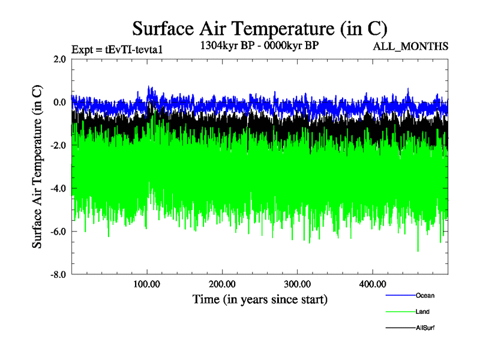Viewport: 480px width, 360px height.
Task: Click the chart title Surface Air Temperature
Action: pyautogui.click(x=259, y=28)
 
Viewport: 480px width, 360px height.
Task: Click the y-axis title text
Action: pyautogui.click(x=37, y=167)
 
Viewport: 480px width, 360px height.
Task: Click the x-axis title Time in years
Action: pyautogui.click(x=260, y=298)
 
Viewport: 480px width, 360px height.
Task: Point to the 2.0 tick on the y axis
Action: pyautogui.click(x=59, y=59)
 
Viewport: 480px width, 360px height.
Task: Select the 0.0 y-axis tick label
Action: pyautogui.click(x=59, y=102)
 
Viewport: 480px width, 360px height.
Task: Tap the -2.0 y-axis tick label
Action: pyautogui.click(x=58, y=145)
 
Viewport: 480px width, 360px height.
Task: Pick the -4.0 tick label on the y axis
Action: pyautogui.click(x=58, y=188)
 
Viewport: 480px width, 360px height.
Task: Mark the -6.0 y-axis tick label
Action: pyautogui.click(x=58, y=232)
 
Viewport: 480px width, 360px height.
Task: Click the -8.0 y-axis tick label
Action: pyautogui.click(x=58, y=274)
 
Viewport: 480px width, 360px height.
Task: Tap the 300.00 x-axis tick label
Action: pyautogui.click(x=297, y=284)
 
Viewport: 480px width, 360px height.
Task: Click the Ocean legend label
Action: pyautogui.click(x=424, y=295)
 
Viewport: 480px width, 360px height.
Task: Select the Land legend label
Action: pyautogui.click(x=422, y=311)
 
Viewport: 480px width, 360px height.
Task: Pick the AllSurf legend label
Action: pyautogui.click(x=425, y=328)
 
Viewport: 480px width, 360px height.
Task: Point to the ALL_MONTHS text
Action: pyautogui.click(x=410, y=46)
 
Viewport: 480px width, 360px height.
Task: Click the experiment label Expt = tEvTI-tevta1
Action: pyautogui.click(x=118, y=49)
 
